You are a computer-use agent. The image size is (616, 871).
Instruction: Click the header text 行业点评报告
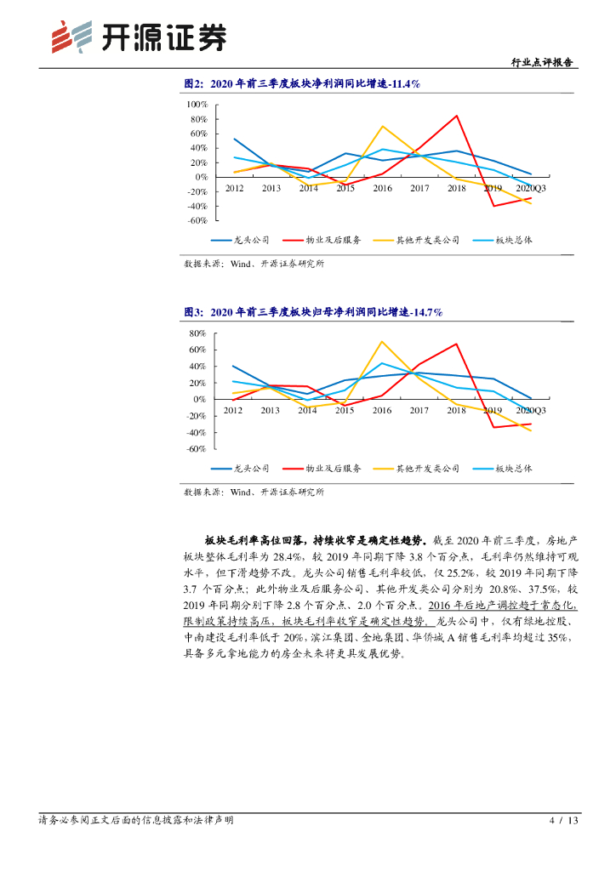pos(542,62)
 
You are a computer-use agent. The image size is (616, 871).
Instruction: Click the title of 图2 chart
pos(302,83)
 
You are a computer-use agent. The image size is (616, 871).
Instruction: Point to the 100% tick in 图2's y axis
pos(197,104)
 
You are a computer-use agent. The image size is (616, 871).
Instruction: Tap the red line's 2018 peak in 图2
pos(457,116)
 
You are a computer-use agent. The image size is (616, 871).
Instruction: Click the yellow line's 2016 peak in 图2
pos(382,126)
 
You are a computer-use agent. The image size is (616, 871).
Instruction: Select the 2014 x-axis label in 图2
pos(308,188)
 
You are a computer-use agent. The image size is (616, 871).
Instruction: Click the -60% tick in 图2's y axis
pos(197,220)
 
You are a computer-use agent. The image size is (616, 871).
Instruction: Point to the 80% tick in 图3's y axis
pos(197,333)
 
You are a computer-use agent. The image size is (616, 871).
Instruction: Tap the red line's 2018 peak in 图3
pos(457,344)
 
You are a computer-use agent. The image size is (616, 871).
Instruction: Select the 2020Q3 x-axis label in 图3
pos(532,411)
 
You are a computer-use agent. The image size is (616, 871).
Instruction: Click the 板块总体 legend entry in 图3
pos(514,469)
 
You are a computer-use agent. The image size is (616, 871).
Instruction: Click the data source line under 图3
pos(254,492)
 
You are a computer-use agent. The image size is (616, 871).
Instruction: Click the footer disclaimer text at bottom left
pos(136,821)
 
